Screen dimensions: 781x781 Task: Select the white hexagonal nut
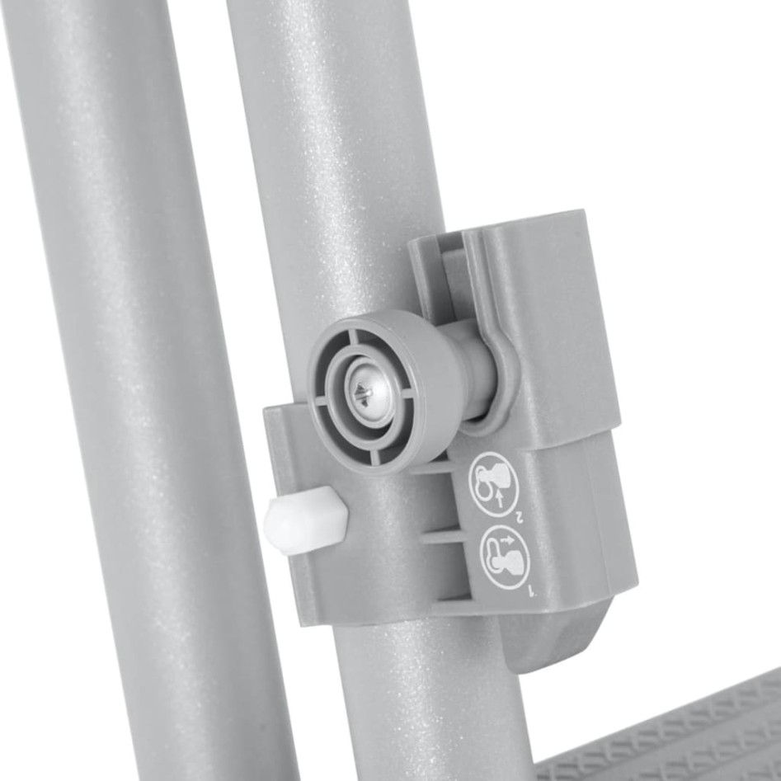(305, 520)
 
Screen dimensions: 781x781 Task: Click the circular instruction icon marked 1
(504, 558)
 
